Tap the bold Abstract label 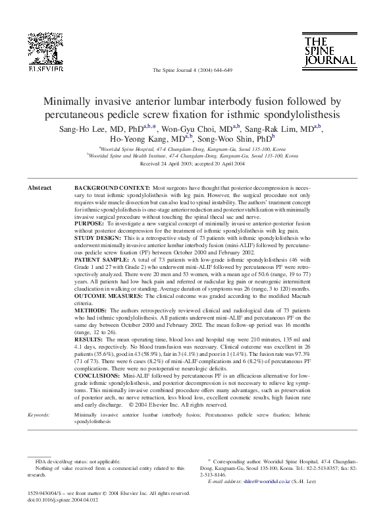[39, 188]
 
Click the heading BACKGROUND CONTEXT [111, 188]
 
